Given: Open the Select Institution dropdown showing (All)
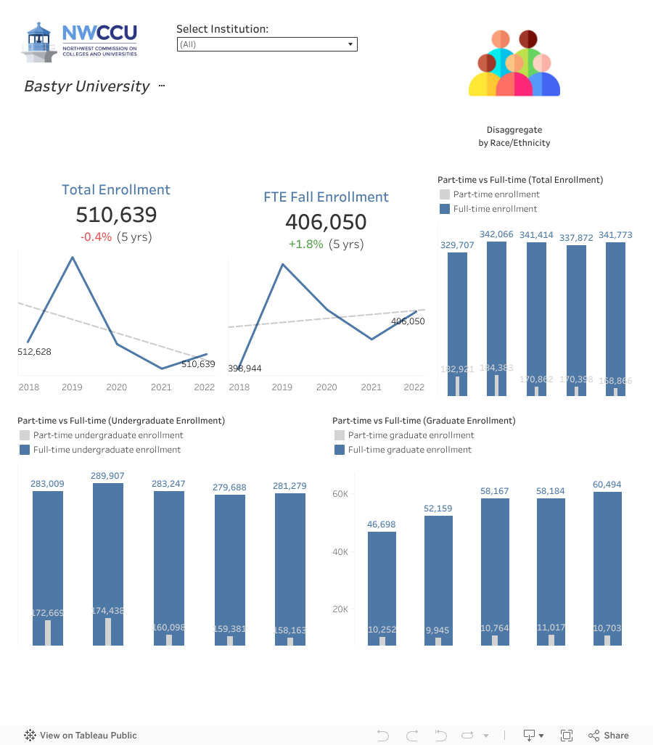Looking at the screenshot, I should pos(267,44).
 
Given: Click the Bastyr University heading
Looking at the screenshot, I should pos(87,86).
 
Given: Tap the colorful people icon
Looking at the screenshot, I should pos(514,64).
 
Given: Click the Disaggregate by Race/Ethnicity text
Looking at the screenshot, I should pos(514,136).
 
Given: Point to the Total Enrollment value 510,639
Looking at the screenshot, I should pos(116,215).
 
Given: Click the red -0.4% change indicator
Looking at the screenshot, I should pos(96,237).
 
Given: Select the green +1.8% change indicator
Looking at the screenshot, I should pos(305,244).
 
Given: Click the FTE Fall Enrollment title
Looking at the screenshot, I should pos(326,197).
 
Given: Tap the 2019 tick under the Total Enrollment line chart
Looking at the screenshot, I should pos(72,387).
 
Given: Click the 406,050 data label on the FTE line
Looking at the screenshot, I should pos(408,321).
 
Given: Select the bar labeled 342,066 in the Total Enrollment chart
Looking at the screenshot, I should pos(496,312).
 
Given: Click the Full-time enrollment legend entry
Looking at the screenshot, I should pos(496,209).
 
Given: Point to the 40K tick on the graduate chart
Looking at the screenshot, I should pos(340,552).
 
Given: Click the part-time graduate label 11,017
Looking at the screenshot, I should pos(551,629).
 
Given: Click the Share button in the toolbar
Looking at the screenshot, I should pos(609,736).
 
